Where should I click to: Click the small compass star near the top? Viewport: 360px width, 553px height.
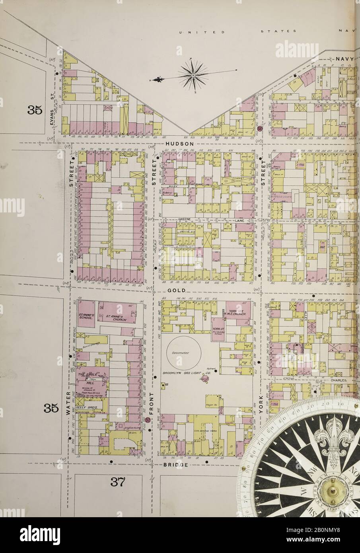tap(193, 73)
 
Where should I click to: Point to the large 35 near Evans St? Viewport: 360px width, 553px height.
tap(35, 111)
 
